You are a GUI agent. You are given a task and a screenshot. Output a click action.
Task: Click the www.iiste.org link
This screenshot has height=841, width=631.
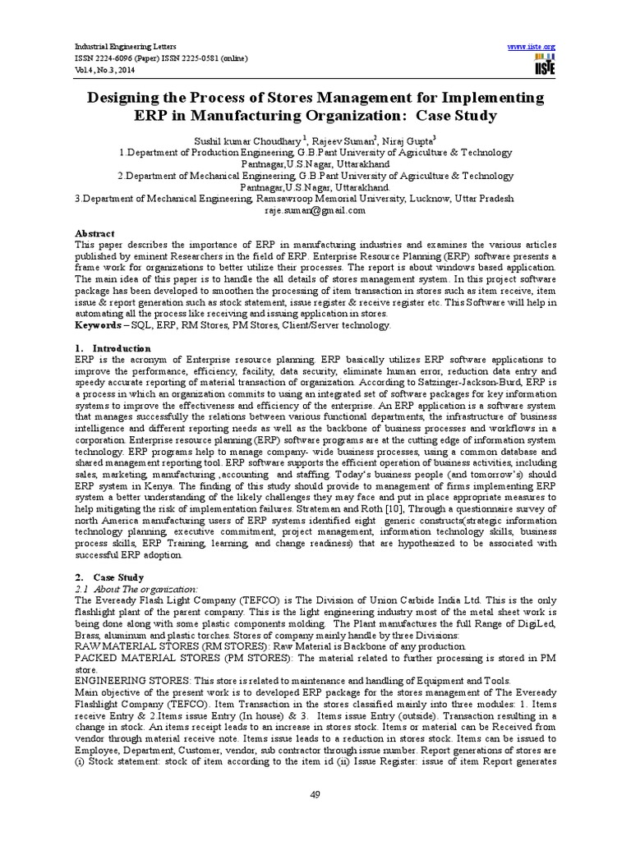click(x=532, y=46)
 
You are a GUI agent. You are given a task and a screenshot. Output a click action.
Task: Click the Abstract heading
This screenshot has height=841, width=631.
click(x=94, y=233)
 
